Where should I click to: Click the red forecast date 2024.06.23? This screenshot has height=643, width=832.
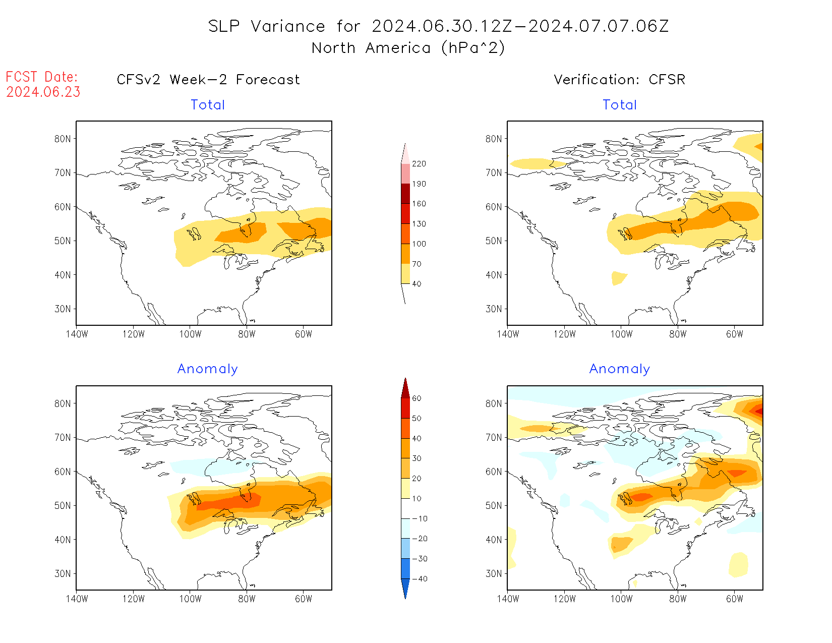pyautogui.click(x=43, y=92)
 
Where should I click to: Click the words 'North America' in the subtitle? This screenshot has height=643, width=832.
pyautogui.click(x=371, y=48)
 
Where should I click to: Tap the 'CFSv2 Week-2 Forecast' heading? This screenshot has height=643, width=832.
pyautogui.click(x=208, y=80)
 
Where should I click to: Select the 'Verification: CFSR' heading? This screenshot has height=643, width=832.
pyautogui.click(x=620, y=80)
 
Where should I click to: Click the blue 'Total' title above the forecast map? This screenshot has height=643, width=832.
pyautogui.click(x=208, y=105)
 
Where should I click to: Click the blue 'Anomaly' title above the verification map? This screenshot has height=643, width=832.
pyautogui.click(x=620, y=369)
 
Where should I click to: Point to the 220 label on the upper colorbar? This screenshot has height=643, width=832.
pyautogui.click(x=419, y=164)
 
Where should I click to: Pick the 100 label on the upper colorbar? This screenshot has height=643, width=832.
pyautogui.click(x=419, y=244)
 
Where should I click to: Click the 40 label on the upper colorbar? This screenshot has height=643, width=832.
pyautogui.click(x=417, y=284)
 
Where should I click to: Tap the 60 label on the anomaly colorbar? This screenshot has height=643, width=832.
pyautogui.click(x=417, y=398)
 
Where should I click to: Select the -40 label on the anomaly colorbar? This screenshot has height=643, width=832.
pyautogui.click(x=420, y=579)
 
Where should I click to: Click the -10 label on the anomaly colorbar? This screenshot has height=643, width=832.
pyautogui.click(x=420, y=519)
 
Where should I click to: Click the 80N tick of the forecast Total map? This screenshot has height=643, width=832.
pyautogui.click(x=63, y=139)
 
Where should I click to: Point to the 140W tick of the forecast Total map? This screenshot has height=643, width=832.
pyautogui.click(x=77, y=334)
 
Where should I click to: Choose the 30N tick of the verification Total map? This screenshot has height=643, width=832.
pyautogui.click(x=494, y=309)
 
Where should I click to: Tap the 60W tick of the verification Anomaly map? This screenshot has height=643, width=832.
pyautogui.click(x=735, y=599)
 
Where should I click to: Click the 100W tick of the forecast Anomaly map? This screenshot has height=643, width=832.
pyautogui.click(x=190, y=599)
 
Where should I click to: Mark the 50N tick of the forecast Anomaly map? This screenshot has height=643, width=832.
pyautogui.click(x=63, y=506)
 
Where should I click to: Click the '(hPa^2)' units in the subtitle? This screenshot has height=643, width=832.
pyautogui.click(x=473, y=48)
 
